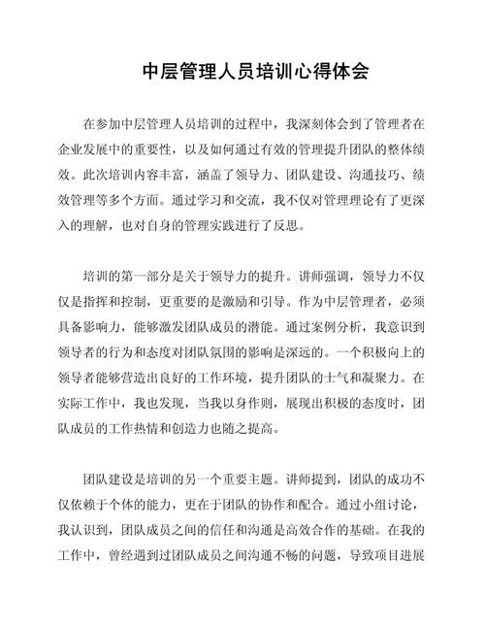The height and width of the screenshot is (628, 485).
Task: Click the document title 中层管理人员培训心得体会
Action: (242, 72)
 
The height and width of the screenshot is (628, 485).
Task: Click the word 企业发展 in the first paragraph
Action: (82, 149)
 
